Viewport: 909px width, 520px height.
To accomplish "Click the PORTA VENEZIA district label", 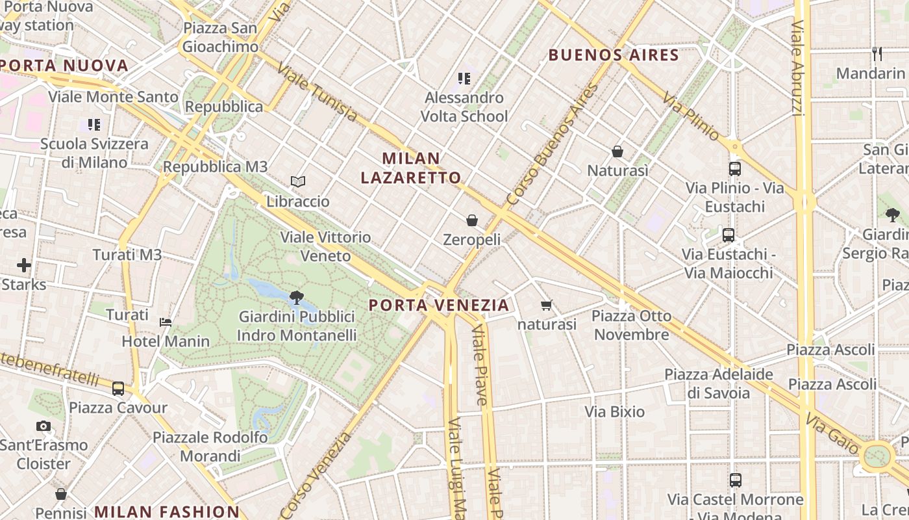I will [439, 305].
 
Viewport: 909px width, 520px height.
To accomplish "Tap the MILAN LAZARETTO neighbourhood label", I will [411, 168].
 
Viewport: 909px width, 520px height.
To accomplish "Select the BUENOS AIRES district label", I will [614, 55].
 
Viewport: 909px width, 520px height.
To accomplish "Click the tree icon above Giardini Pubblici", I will [297, 298].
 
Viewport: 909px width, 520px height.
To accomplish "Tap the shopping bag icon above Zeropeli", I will [472, 220].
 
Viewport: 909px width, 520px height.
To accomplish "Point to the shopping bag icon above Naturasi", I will [617, 151].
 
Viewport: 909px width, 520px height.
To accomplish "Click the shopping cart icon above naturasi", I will [547, 305].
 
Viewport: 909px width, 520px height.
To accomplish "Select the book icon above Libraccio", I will [298, 181].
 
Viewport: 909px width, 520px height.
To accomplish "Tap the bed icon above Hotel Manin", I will [166, 322].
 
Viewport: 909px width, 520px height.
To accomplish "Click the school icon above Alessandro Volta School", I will [464, 79].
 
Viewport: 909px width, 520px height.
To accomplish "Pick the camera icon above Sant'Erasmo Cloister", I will [44, 426].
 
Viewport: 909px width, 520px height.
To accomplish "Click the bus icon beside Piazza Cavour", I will [118, 389].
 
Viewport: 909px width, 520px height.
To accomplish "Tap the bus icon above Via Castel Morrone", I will [735, 480].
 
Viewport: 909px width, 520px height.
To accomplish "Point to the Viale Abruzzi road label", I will [798, 68].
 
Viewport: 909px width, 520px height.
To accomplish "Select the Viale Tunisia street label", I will [316, 92].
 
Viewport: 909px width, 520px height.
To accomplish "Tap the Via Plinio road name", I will [691, 116].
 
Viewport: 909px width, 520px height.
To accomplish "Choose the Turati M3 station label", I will [127, 255].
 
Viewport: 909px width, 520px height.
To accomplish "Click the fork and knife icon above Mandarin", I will [877, 54].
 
